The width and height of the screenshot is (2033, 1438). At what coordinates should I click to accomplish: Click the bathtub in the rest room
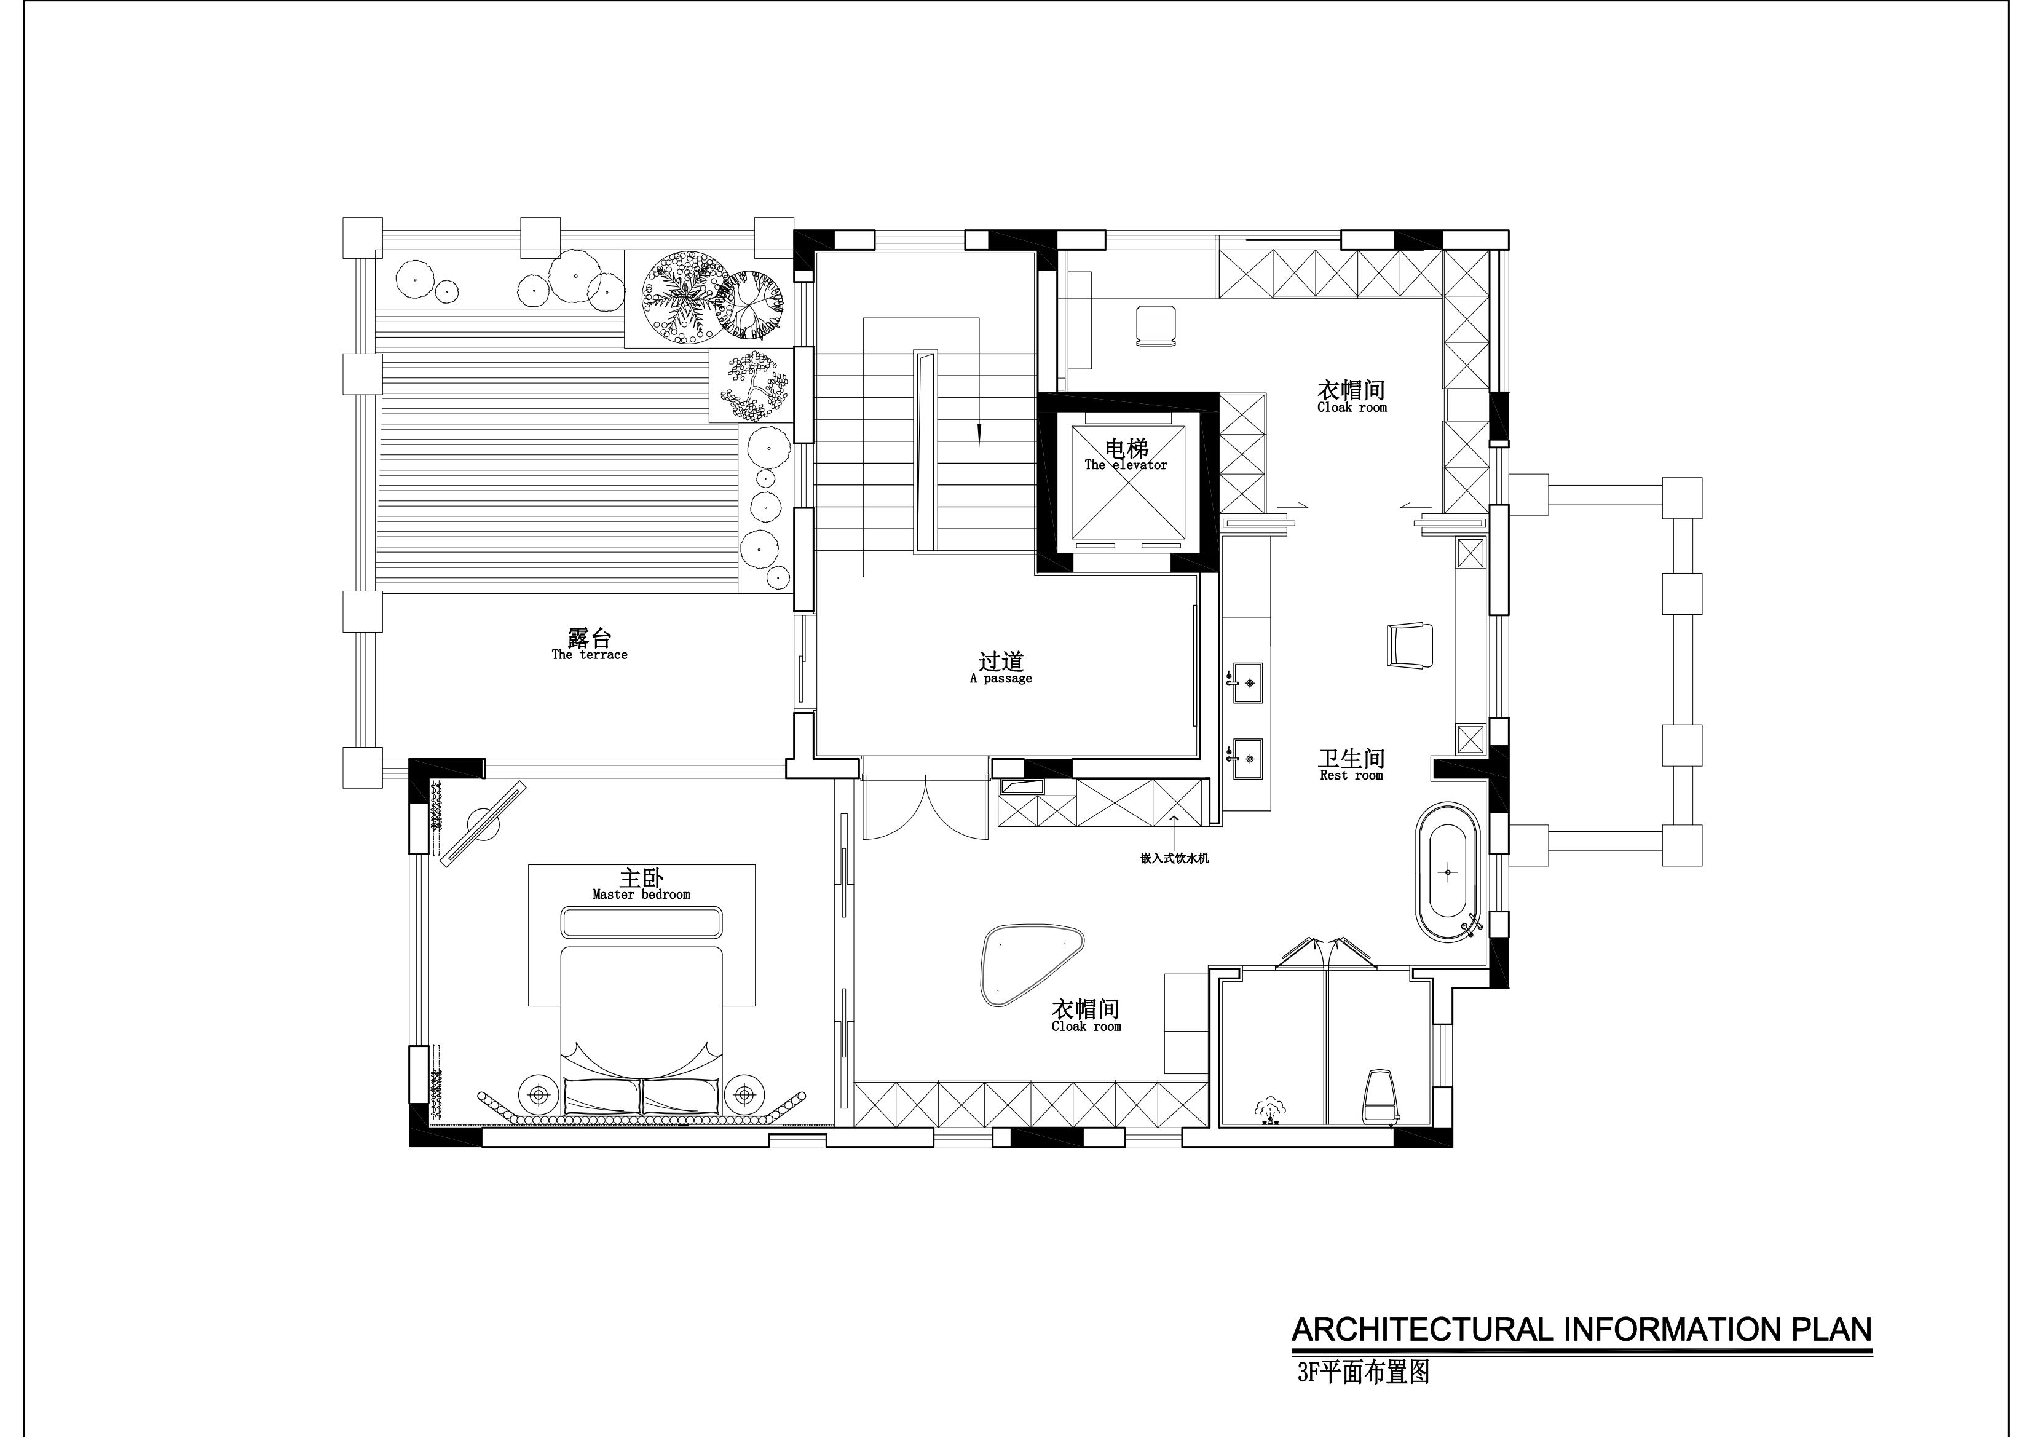(1448, 871)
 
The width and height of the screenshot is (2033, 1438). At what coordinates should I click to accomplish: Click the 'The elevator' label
(1126, 465)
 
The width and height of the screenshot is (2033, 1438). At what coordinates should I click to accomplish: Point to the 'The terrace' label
(590, 655)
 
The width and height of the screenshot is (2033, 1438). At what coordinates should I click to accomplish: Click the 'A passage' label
(1001, 679)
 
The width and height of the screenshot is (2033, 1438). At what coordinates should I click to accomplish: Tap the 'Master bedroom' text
(641, 895)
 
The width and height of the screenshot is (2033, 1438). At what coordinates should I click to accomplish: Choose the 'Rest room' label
(1351, 776)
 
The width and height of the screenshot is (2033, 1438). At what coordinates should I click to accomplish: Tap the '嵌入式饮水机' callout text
(1174, 858)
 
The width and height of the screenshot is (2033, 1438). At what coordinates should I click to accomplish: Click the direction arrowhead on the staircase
(979, 434)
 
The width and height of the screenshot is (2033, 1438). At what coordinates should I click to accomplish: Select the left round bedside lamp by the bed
(539, 1096)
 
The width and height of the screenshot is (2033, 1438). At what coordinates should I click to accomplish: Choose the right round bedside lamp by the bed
(744, 1096)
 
